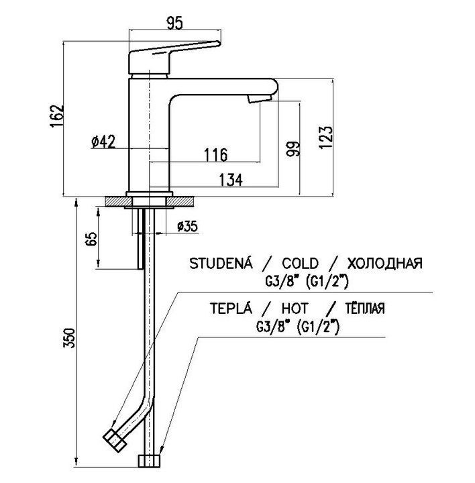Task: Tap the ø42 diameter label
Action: coord(103,142)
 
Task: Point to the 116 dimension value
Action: coord(215,155)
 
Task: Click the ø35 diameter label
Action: coord(187,227)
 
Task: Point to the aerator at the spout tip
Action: coord(258,99)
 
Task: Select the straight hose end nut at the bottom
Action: coord(149,461)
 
